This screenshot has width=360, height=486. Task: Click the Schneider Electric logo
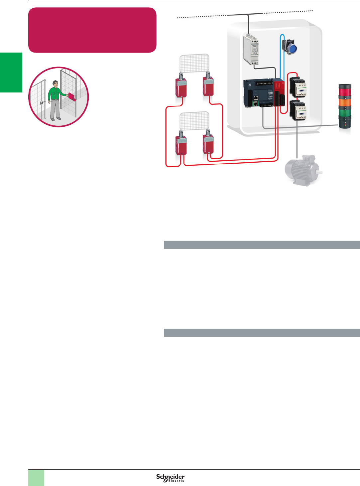(170, 478)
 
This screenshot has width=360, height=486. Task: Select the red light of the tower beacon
(345, 90)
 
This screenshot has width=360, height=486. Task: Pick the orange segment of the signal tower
(345, 101)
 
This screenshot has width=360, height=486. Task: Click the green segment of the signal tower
(345, 111)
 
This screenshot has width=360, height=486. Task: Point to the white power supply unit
(251, 50)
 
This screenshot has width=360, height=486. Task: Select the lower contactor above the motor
(298, 110)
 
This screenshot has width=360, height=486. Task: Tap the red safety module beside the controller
(279, 93)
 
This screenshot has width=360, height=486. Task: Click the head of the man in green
(56, 84)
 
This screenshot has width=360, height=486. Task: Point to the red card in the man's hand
(72, 97)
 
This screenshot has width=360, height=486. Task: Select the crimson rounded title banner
(92, 30)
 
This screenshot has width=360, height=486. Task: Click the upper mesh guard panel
(194, 63)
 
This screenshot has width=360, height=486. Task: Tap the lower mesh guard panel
(194, 121)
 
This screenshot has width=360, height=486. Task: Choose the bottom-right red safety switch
(208, 144)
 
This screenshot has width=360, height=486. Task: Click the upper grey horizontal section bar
(262, 245)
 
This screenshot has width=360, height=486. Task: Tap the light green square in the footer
(36, 478)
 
